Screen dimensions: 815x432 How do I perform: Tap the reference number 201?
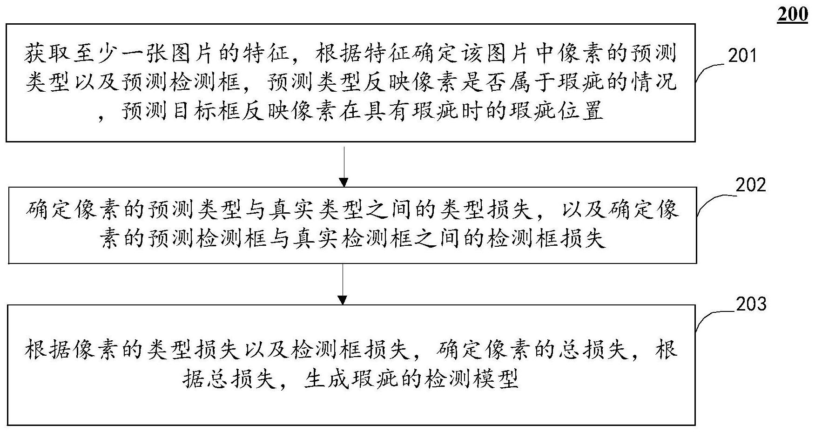[743, 56]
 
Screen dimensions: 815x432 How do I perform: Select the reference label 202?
[751, 185]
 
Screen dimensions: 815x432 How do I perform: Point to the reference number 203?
[751, 304]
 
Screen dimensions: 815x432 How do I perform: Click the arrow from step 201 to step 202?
[344, 167]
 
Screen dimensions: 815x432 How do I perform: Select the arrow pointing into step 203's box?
[343, 284]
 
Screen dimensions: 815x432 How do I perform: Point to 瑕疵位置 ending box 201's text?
[557, 111]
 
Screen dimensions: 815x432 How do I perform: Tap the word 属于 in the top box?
[558, 82]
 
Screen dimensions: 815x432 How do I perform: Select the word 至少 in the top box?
[95, 55]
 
